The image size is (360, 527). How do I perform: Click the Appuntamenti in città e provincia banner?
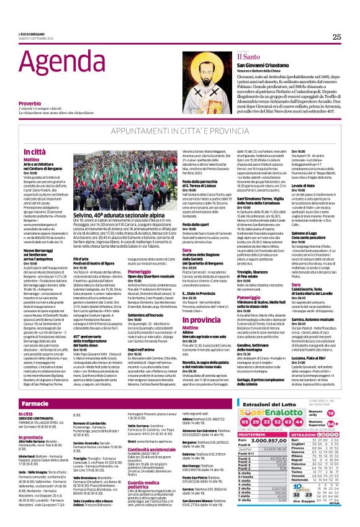(179, 132)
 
